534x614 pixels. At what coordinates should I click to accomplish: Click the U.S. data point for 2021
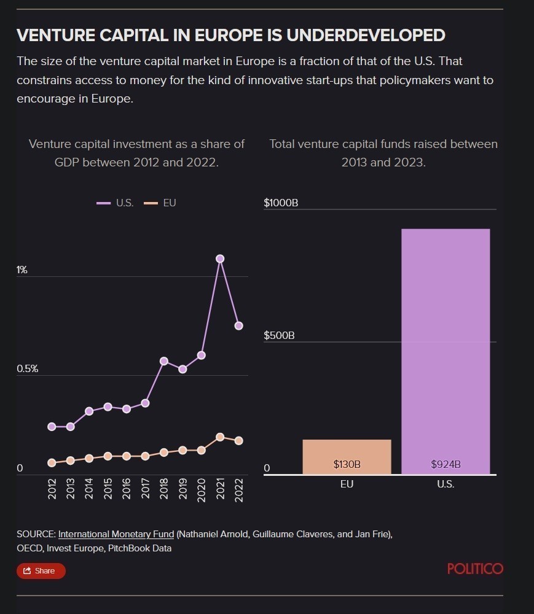[x=220, y=258]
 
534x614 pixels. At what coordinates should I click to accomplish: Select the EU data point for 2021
[x=220, y=437]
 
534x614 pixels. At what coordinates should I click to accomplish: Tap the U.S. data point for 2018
[x=164, y=361]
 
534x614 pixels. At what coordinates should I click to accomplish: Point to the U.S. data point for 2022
[x=238, y=325]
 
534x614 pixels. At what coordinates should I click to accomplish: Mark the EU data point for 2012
[x=52, y=462]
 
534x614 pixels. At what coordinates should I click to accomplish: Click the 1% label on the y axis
[x=22, y=270]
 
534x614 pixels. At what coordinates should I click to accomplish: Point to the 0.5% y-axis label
[x=28, y=368]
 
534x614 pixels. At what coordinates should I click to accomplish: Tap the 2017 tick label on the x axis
[x=146, y=489]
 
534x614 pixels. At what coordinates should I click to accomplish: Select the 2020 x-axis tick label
[x=202, y=489]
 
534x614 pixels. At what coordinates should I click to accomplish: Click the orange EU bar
[x=347, y=457]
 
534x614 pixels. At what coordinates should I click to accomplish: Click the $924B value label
[x=446, y=464]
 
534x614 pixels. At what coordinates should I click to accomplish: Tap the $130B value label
[x=347, y=464]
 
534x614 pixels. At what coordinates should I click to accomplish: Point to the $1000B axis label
[x=281, y=203]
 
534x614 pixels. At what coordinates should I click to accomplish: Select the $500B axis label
[x=279, y=335]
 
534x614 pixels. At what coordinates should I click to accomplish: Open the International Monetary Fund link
[x=116, y=534]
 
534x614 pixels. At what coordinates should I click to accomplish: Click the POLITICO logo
[x=475, y=569]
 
